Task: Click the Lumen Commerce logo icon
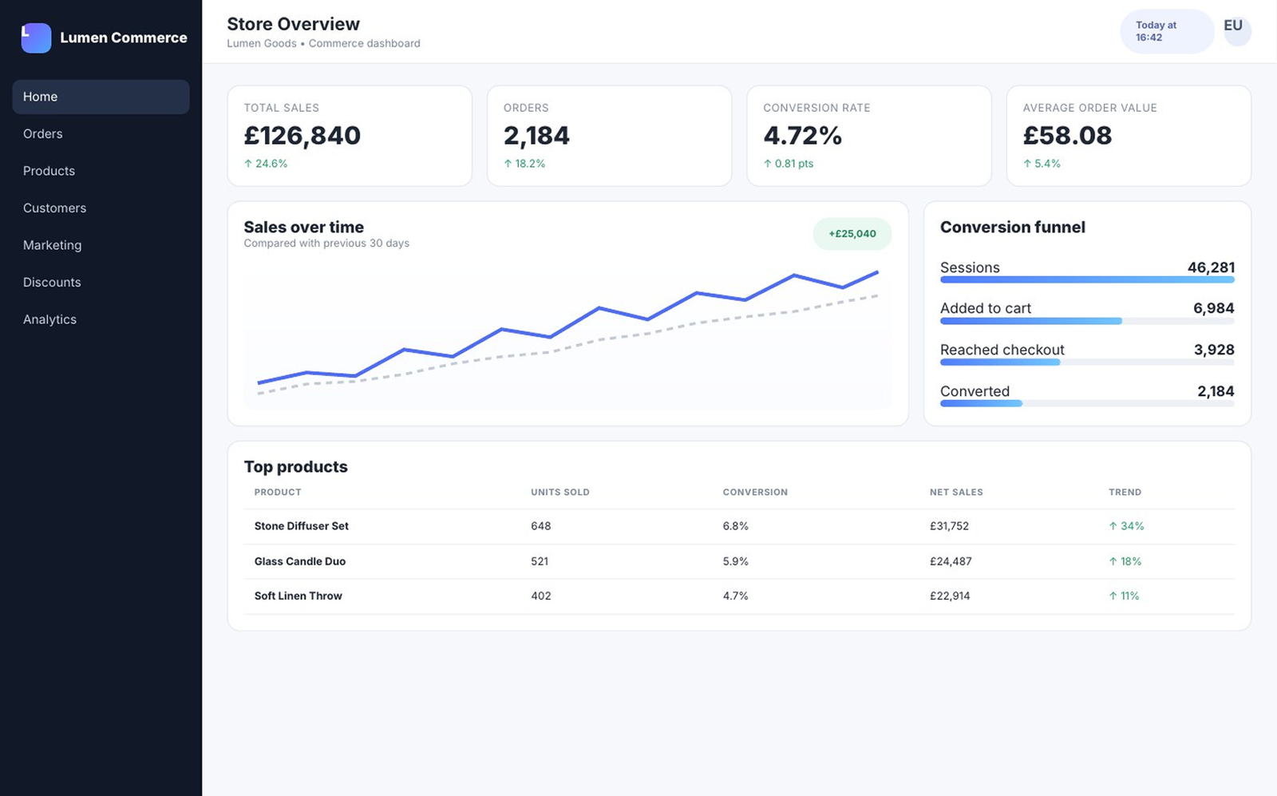36,38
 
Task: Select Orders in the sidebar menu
43,133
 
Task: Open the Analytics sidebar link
49,319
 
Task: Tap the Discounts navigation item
52,283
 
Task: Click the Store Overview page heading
293,24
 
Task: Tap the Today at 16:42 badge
1166,31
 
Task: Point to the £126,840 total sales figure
302,136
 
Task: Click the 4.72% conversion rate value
802,136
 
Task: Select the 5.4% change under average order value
1042,164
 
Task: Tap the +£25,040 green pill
852,234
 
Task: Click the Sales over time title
304,227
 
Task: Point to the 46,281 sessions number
1211,267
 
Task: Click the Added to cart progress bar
1087,321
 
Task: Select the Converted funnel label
975,391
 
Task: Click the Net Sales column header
956,492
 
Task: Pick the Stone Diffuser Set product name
301,525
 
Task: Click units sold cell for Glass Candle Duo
540,561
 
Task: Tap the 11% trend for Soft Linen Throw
1124,596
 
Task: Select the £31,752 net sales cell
949,525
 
